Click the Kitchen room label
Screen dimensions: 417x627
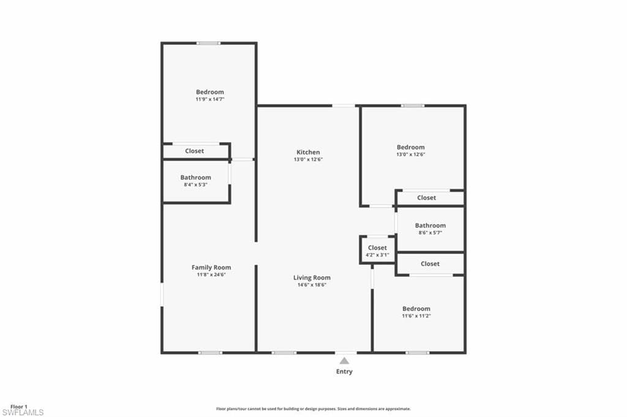(308, 152)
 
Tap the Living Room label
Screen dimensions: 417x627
(312, 277)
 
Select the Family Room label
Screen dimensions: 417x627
(211, 268)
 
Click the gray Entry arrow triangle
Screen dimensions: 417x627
(345, 361)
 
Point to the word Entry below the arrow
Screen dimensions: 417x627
(345, 372)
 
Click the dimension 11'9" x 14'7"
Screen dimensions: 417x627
(210, 99)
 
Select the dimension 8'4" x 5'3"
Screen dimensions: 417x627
(195, 184)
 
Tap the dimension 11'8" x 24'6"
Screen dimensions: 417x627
(211, 275)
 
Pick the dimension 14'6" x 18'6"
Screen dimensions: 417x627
(312, 285)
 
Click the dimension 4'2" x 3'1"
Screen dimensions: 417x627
(377, 255)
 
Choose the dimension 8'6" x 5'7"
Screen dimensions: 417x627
(430, 233)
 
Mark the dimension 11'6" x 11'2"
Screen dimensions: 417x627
(416, 316)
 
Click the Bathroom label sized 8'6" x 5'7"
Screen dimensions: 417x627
(430, 225)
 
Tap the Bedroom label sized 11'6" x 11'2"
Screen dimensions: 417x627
(416, 309)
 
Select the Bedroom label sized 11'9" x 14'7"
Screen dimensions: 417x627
(210, 92)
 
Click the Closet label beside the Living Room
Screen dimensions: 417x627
(377, 248)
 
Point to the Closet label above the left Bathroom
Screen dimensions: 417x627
(195, 151)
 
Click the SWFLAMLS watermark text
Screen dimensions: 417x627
(23, 413)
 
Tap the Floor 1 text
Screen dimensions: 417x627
(19, 406)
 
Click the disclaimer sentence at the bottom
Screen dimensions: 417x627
(313, 408)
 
